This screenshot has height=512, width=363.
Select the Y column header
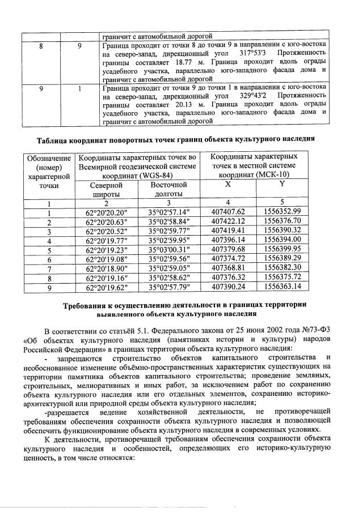pyautogui.click(x=281, y=185)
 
